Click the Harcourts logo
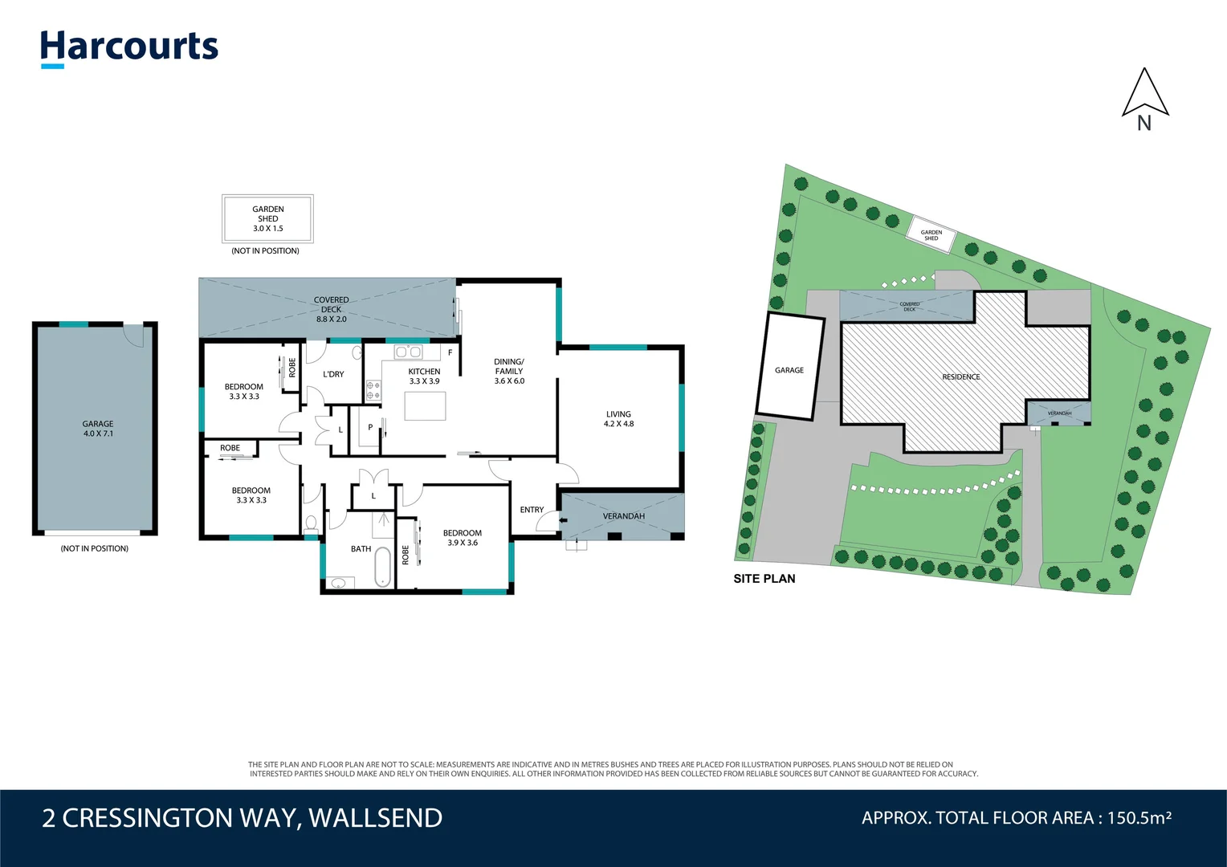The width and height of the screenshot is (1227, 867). pos(129,47)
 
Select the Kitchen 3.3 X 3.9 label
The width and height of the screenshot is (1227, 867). pos(424,376)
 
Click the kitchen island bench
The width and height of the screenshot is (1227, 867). pos(425,406)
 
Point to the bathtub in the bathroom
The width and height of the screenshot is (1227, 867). pos(383,566)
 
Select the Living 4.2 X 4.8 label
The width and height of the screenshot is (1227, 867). pos(618,419)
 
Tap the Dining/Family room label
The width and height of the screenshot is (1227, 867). pos(509,371)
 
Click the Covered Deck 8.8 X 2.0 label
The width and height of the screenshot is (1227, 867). pos(331,309)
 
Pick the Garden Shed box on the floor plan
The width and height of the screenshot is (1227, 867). pos(267,218)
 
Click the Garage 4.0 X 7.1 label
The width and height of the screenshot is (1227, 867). pos(98,429)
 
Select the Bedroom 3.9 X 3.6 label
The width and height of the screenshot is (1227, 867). pos(463,538)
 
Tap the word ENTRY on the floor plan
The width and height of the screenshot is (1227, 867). pos(532,510)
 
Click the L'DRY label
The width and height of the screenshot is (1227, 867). pos(333,374)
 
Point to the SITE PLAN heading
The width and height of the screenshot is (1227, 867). pos(764,579)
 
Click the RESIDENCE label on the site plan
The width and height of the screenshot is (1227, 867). pos(961,377)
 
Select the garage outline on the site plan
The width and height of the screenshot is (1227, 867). pos(790,367)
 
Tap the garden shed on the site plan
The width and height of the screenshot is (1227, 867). pos(931,235)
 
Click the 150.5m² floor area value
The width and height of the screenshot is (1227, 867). pos(1139,818)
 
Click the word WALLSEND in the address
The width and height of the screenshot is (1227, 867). pos(375,818)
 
